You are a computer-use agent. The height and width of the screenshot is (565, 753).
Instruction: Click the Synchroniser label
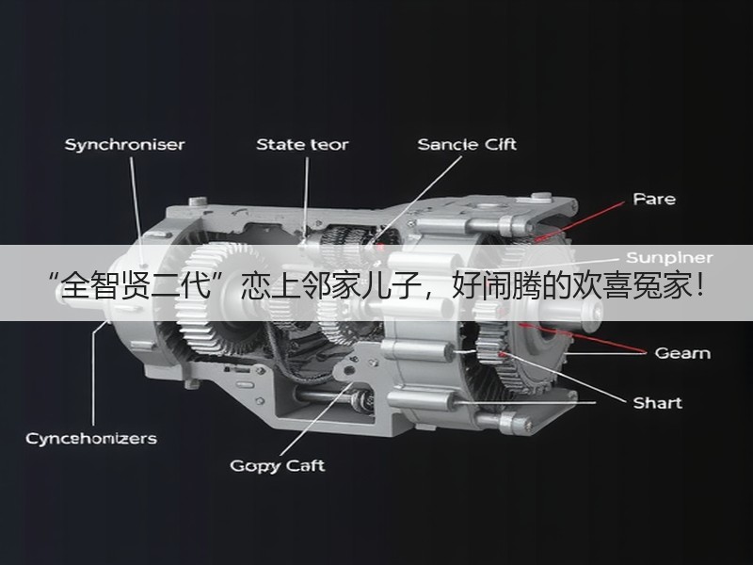tap(124, 145)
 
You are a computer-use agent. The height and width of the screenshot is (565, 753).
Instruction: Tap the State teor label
tap(302, 145)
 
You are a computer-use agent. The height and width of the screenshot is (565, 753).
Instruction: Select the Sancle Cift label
tap(467, 145)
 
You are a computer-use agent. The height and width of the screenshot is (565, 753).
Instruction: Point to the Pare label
tap(654, 199)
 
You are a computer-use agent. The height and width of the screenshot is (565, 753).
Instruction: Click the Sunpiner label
tap(669, 258)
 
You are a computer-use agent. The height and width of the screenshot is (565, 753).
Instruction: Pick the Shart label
tap(657, 403)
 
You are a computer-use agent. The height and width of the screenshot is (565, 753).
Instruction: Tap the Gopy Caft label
tap(277, 466)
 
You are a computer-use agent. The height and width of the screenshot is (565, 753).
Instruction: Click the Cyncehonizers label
tap(91, 439)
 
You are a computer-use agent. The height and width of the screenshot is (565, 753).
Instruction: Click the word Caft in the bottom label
tap(305, 465)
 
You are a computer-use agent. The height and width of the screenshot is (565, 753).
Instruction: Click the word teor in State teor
tap(328, 145)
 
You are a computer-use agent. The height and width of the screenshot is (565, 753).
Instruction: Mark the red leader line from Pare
tap(580, 220)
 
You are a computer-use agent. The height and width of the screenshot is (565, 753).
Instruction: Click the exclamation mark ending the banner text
tap(698, 285)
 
